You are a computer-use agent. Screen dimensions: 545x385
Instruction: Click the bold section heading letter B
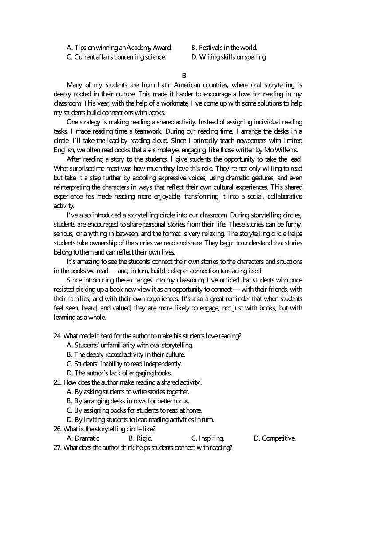click(184, 76)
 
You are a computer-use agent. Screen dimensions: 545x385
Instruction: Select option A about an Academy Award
click(119, 48)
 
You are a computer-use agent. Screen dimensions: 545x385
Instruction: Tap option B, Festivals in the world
click(224, 48)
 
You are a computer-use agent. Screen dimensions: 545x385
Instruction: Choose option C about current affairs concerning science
click(116, 57)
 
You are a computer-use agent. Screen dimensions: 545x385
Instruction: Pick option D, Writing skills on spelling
click(229, 57)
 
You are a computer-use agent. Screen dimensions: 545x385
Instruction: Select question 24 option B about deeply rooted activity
click(126, 354)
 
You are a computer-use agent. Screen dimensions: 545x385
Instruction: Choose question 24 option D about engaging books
click(119, 373)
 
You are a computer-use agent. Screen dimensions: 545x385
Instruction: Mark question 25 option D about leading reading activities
click(140, 420)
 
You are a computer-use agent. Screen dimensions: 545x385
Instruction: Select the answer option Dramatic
click(83, 438)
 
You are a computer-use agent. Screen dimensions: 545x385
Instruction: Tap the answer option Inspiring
click(207, 438)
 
